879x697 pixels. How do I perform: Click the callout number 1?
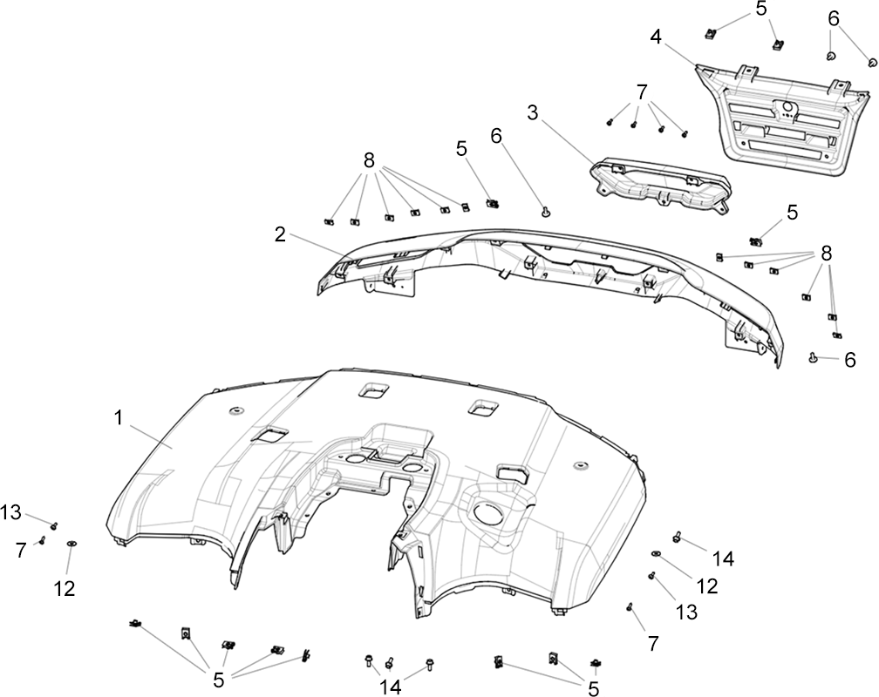point(119,418)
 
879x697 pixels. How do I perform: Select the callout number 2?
point(280,234)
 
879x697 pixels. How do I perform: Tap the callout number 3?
point(532,112)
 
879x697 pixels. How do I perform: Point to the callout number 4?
point(656,37)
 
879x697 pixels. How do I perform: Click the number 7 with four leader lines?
point(643,91)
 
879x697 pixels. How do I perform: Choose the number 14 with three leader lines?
point(392,687)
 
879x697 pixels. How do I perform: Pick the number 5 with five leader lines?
point(219,680)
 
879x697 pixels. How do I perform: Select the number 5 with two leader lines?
point(760,9)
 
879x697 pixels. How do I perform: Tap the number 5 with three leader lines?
point(593,687)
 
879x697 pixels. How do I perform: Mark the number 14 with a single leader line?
point(723,558)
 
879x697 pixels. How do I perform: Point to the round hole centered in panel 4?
point(786,107)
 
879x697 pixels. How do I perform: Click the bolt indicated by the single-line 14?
point(678,537)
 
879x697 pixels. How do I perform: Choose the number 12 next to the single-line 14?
point(707,585)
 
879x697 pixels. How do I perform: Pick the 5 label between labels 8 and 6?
point(461,148)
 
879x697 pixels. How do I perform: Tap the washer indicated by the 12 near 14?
point(657,553)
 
